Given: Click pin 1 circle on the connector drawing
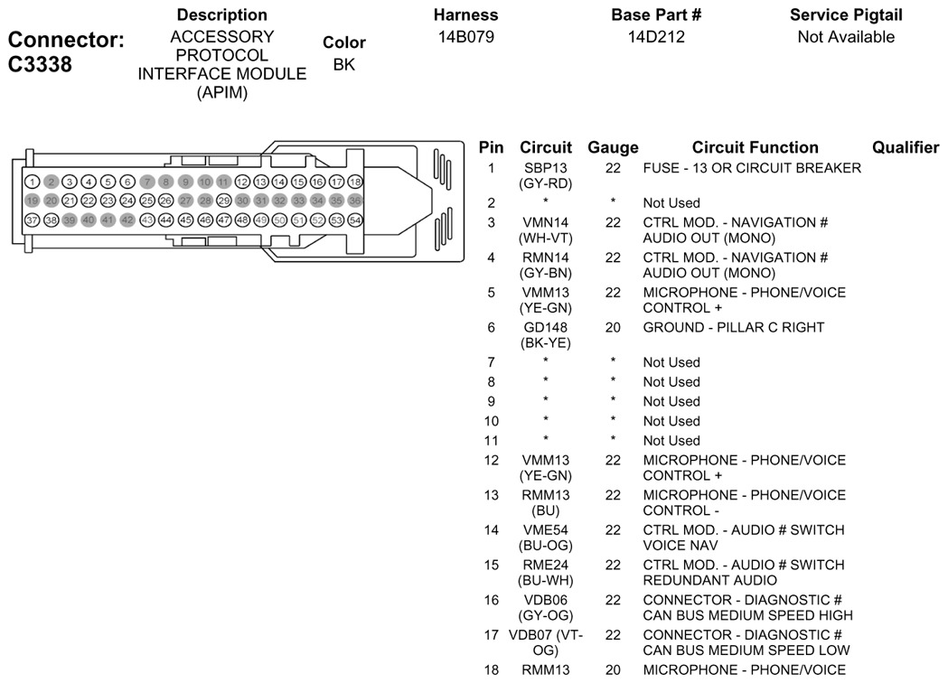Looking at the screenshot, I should tap(32, 182).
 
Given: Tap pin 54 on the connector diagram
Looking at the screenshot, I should tap(355, 220).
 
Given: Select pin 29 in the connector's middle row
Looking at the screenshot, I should tap(224, 201).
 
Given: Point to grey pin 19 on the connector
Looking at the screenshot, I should tap(32, 201).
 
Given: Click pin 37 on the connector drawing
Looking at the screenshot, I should tap(32, 220).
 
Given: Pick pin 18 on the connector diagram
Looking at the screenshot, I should tap(355, 182).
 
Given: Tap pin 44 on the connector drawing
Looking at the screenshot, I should tap(166, 220).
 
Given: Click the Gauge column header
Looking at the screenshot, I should tap(613, 148).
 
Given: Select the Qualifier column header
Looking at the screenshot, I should tap(906, 148).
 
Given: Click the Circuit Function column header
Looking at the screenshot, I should tap(756, 148).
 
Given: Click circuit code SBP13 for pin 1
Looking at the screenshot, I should tap(545, 168).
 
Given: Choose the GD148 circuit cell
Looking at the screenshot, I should tap(545, 328).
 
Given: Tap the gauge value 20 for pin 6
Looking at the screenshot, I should tap(613, 328).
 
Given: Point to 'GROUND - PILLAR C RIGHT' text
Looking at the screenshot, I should tap(734, 328).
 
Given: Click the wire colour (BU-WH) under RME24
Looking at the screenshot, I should tap(545, 581).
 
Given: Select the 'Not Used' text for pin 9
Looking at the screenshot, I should tap(671, 401).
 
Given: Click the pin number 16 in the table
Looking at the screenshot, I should tap(491, 600).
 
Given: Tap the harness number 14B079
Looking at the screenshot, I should tap(465, 37).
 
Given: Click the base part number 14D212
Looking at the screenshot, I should tap(656, 37).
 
